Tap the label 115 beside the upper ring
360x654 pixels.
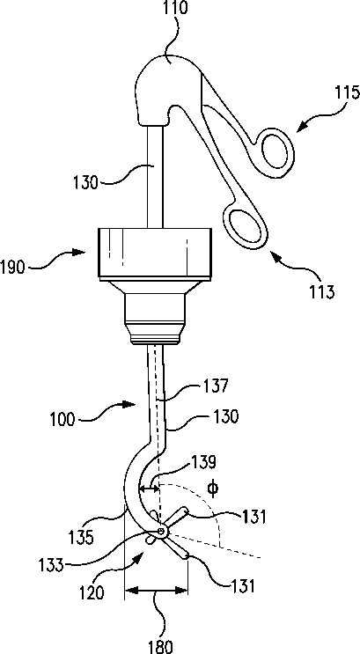point(346,93)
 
